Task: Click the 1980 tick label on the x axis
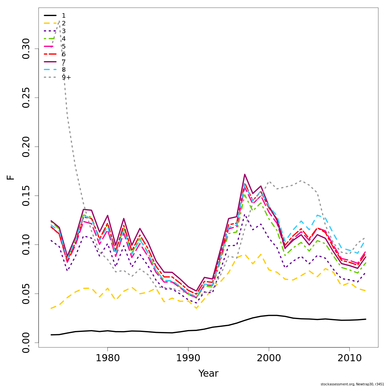[x=107, y=358]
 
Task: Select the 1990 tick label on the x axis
[x=188, y=358]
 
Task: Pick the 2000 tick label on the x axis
[x=269, y=358]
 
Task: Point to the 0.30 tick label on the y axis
[x=26, y=49]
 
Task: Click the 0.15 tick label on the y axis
[x=26, y=196]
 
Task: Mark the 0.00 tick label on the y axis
[x=26, y=343]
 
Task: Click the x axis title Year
[x=208, y=373]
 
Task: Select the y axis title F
[x=11, y=177]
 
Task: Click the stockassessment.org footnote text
[x=353, y=384]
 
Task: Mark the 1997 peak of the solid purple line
[x=245, y=174]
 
